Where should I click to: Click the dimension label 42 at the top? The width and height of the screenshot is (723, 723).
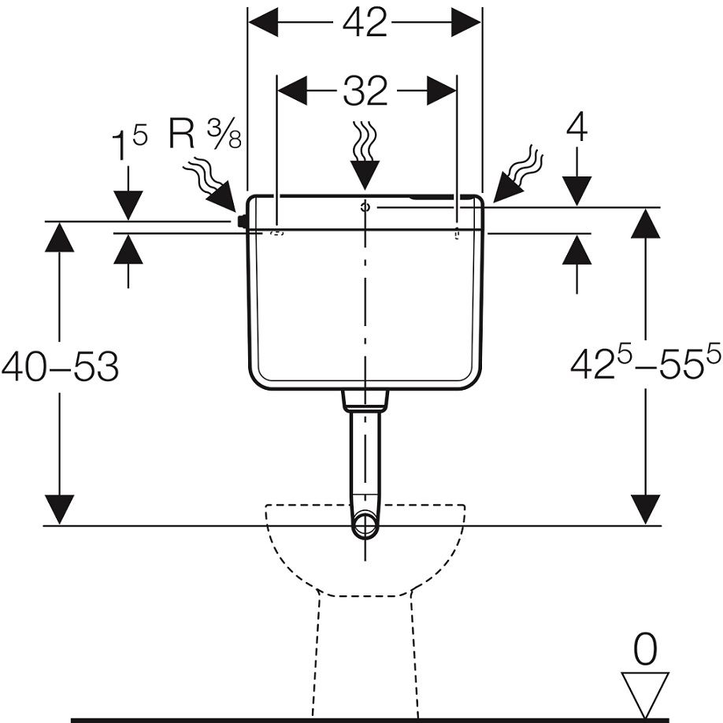365,24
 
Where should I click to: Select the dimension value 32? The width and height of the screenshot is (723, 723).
365,92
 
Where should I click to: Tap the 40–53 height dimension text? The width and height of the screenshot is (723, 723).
60,367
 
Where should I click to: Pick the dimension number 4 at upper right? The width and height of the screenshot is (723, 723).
577,128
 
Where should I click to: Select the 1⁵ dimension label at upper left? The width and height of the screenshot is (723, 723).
128,146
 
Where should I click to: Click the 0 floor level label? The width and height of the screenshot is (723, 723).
645,650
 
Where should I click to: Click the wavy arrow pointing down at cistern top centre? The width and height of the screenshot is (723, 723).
364,153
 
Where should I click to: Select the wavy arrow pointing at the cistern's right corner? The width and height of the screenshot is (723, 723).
518,173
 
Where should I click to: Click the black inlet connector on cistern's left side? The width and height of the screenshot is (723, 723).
243,221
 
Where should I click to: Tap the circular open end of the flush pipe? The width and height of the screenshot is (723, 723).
365,525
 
